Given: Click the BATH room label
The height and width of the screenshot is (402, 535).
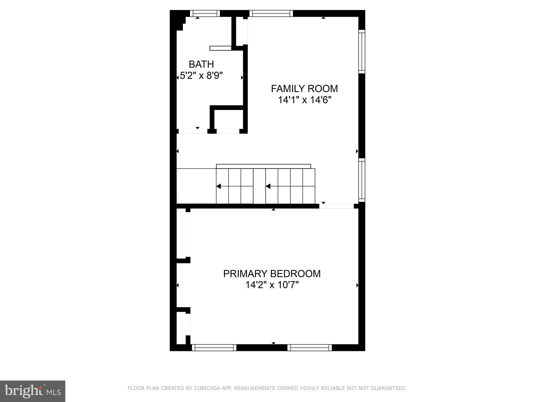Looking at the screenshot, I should (x=201, y=64).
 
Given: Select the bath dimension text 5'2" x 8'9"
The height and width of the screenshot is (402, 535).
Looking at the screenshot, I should (x=201, y=76).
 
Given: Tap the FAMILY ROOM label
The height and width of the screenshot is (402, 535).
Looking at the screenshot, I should (x=304, y=89).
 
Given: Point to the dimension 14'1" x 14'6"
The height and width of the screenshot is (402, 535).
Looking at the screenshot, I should (x=304, y=100).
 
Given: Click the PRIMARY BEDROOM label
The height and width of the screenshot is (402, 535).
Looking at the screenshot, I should (x=272, y=274).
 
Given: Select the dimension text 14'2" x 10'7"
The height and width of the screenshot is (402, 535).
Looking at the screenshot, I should (x=272, y=285).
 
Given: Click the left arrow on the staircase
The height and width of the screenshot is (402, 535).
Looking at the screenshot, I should (x=219, y=186).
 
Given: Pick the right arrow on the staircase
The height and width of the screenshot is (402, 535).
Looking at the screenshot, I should (x=268, y=186).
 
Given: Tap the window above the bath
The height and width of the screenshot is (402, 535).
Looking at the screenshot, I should (x=205, y=13).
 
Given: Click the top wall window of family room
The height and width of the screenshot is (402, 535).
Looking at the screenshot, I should (x=271, y=13).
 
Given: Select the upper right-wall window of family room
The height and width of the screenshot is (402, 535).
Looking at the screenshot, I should (x=362, y=52).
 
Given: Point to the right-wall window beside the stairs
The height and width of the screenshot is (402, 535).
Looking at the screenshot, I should (x=362, y=180).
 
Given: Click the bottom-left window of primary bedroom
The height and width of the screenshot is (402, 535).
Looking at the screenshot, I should (x=214, y=348).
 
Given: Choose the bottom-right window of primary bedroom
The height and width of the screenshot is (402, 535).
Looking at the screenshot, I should (x=310, y=348).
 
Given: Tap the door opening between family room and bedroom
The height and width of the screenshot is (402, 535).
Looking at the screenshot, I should (x=336, y=206).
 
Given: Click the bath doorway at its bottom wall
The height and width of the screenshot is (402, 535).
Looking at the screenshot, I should (x=193, y=131).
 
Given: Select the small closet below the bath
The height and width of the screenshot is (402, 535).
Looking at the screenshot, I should (x=228, y=121).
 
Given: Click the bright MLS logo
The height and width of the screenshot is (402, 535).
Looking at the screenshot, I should (x=33, y=391).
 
